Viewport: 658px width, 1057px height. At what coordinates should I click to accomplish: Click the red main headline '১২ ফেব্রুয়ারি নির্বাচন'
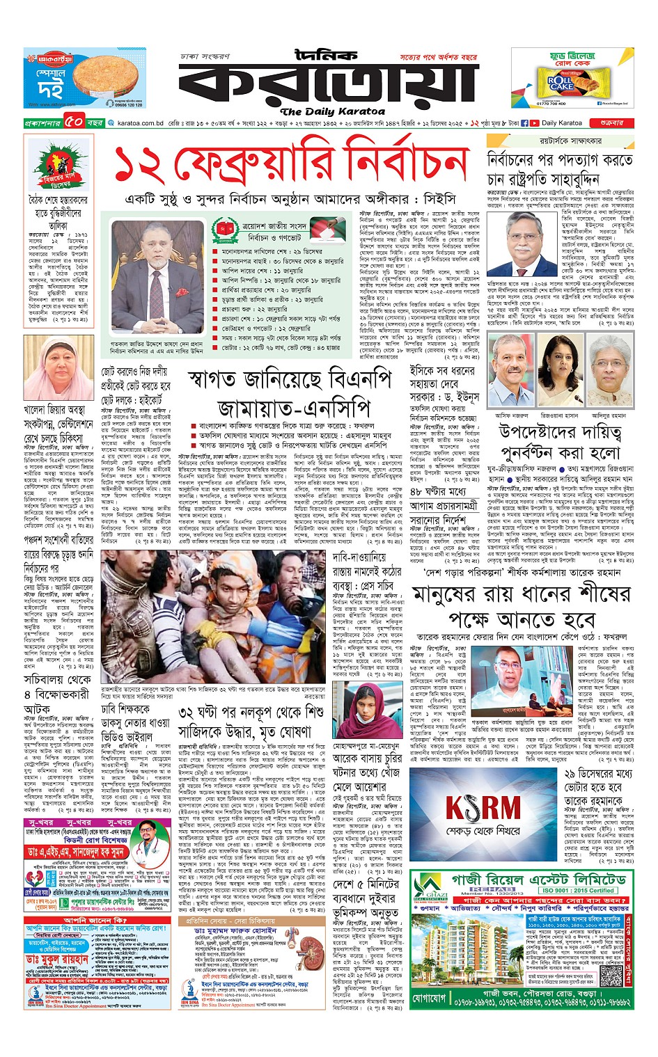tap(290, 165)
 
